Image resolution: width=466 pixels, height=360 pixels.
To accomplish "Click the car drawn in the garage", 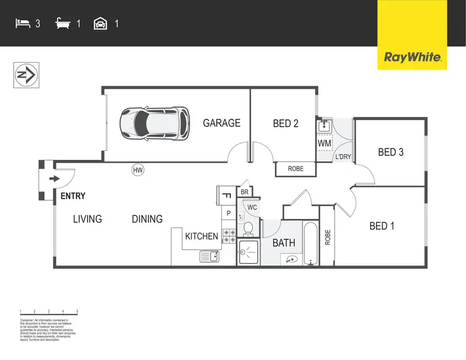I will (155, 122).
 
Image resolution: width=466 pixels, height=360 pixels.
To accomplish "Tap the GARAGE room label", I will (222, 123).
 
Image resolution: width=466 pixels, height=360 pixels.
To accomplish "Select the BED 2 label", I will (286, 124).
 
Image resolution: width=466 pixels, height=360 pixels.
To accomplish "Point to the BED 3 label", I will (391, 152).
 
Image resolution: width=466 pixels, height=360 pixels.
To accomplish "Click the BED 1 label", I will (382, 226).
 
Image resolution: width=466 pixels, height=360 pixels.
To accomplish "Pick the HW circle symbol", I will (138, 169).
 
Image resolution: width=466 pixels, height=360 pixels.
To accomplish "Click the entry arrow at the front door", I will (55, 179).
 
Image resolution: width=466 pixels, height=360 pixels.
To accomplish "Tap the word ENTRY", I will (73, 196).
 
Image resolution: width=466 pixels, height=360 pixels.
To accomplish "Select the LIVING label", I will (87, 219).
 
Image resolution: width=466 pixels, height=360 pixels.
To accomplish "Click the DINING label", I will (147, 219).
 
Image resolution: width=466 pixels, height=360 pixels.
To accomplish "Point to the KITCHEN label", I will (202, 236).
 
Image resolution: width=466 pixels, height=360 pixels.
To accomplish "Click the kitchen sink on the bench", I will (208, 256).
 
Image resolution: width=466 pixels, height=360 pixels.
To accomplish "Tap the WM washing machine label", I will (324, 144).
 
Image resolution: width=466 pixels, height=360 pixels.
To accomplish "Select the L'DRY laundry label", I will (343, 157).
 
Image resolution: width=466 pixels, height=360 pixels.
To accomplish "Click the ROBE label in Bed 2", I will (296, 169).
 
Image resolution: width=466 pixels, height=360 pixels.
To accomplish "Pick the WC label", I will (252, 207).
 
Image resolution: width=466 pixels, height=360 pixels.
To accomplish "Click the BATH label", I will (284, 242).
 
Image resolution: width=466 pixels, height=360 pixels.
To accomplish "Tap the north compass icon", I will (25, 75).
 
